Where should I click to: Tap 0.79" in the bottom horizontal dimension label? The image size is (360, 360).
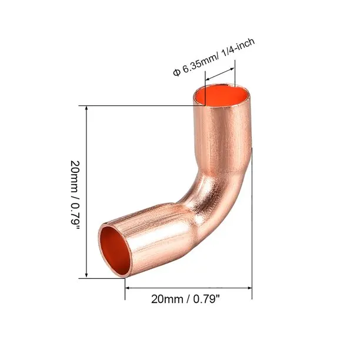[x=206, y=299]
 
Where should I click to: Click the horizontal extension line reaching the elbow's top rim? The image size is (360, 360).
[x=141, y=106]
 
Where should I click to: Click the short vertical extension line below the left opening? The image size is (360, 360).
[x=125, y=285]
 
